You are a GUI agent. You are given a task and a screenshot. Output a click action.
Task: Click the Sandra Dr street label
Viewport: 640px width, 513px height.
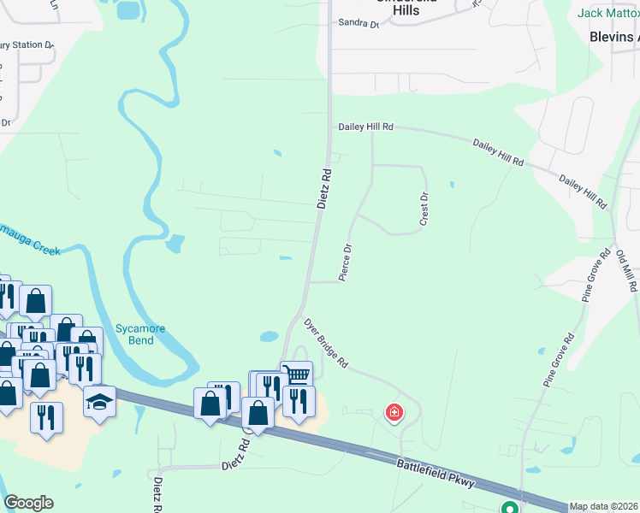(358, 24)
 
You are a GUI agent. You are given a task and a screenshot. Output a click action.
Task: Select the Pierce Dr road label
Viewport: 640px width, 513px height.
(346, 263)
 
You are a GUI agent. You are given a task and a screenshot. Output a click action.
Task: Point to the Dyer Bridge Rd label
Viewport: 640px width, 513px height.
(326, 344)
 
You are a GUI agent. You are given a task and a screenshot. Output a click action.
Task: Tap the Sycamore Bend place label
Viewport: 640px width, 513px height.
(135, 334)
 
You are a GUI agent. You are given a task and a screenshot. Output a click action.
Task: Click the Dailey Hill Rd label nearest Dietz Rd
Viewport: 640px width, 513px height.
(365, 127)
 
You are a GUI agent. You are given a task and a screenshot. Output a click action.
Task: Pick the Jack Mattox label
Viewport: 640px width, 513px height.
(607, 13)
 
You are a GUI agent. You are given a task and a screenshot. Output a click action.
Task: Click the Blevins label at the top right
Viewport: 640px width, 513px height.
(614, 37)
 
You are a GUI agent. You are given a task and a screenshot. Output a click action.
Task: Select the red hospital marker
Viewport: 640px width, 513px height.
(394, 414)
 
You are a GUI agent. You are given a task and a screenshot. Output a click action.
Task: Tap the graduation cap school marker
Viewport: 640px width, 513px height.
(99, 400)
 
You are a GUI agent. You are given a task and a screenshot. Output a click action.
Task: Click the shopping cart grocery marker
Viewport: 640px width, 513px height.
(296, 374)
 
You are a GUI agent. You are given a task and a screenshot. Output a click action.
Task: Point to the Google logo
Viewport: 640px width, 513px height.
(28, 503)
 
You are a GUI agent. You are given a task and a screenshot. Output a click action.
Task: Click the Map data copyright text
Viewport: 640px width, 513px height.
(604, 506)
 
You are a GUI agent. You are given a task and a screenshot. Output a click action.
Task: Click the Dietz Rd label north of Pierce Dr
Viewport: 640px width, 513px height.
(324, 188)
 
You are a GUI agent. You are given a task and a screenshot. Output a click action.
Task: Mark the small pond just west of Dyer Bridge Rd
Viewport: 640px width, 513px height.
(269, 337)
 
